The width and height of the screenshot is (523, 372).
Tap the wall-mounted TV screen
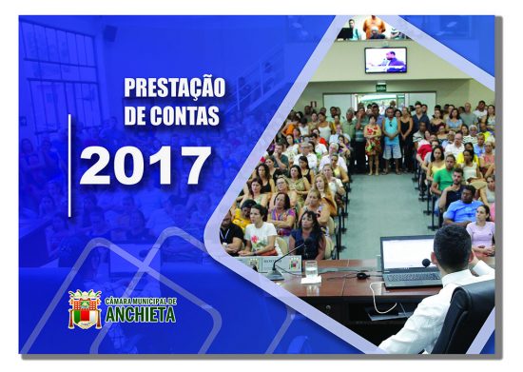tap(385, 60)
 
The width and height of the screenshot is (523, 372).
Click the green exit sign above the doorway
tap(380, 87)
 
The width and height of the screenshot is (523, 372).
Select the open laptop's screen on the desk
tap(408, 254)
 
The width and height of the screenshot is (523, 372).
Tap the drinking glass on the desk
tap(311, 270)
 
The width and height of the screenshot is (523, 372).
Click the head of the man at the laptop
tap(455, 249)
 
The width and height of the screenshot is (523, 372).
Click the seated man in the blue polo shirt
tap(463, 205)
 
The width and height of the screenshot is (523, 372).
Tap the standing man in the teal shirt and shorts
tap(391, 139)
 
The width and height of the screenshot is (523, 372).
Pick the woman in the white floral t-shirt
tap(259, 231)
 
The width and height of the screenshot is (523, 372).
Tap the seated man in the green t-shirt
tap(441, 178)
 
